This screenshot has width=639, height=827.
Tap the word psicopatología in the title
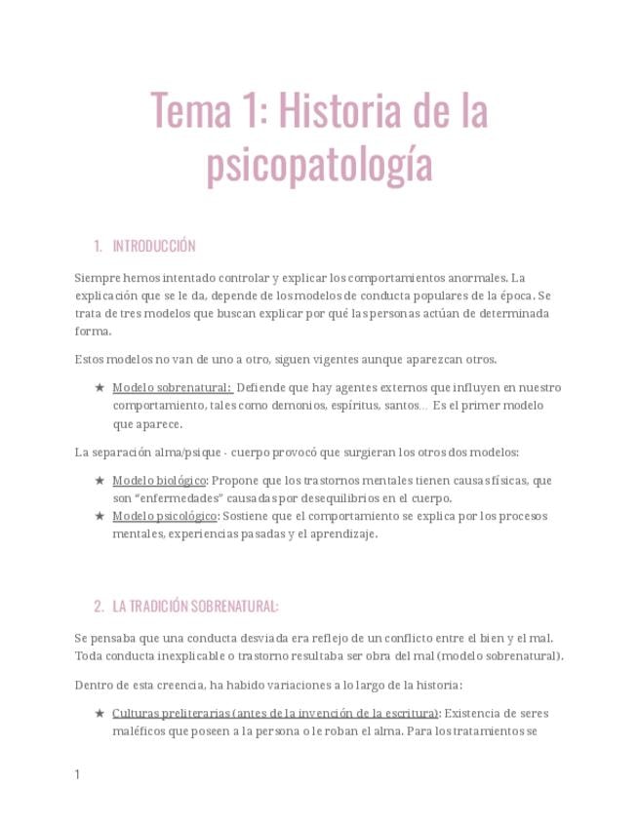click(x=319, y=165)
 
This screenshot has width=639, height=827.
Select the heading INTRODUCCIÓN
click(x=154, y=246)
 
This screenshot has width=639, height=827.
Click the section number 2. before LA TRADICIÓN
click(x=100, y=607)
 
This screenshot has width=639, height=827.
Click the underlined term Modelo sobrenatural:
click(x=172, y=387)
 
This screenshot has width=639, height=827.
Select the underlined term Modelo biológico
click(x=159, y=480)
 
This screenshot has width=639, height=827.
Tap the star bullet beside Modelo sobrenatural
click(x=100, y=387)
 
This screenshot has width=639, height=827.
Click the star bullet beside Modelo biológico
click(x=100, y=480)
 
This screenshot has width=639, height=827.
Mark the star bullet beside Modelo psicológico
click(x=100, y=516)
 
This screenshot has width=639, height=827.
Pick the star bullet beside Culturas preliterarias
click(x=100, y=713)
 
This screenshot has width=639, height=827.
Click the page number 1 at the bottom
click(x=78, y=775)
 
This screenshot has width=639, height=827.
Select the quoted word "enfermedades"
click(x=168, y=497)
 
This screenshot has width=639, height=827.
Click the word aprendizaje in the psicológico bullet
click(x=342, y=533)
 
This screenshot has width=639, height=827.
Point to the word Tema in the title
click(x=190, y=113)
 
